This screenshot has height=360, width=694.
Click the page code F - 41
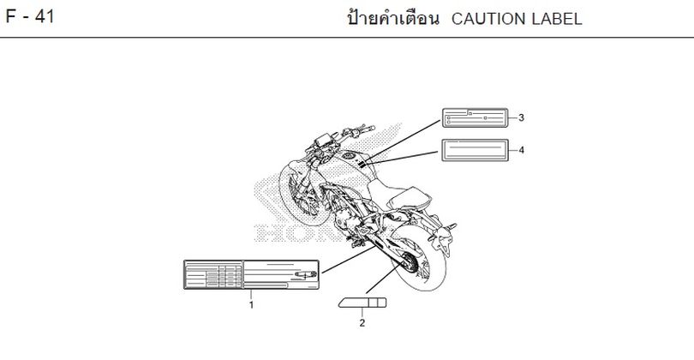click(x=30, y=17)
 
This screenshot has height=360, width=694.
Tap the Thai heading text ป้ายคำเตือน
click(x=393, y=19)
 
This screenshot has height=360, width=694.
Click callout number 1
click(x=251, y=305)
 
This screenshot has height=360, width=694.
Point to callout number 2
click(x=362, y=323)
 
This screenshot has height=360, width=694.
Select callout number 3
click(x=522, y=117)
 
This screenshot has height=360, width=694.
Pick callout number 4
click(x=522, y=150)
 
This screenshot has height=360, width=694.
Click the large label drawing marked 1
click(x=251, y=274)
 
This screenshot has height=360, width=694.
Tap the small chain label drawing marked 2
click(x=362, y=303)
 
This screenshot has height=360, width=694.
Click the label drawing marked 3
click(x=475, y=117)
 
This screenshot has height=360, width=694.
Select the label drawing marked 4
click(x=475, y=150)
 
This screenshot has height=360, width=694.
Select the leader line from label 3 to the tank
click(x=403, y=141)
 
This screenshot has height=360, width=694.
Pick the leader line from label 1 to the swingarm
click(x=349, y=260)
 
